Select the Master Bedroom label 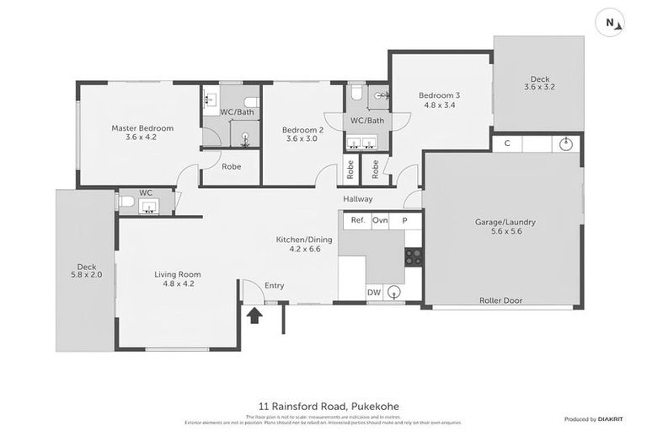(x=142, y=132)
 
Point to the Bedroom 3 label (x=437, y=100)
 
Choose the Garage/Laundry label (x=505, y=228)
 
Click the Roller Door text (x=500, y=300)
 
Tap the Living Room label (x=177, y=278)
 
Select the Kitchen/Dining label (x=304, y=245)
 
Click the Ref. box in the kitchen (x=357, y=220)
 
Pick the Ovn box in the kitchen (x=380, y=220)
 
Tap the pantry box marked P (x=404, y=220)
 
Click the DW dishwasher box (x=373, y=292)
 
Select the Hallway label (x=357, y=199)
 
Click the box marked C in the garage (x=506, y=143)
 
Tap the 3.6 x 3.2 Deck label (x=539, y=83)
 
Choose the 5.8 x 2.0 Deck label (x=85, y=270)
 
